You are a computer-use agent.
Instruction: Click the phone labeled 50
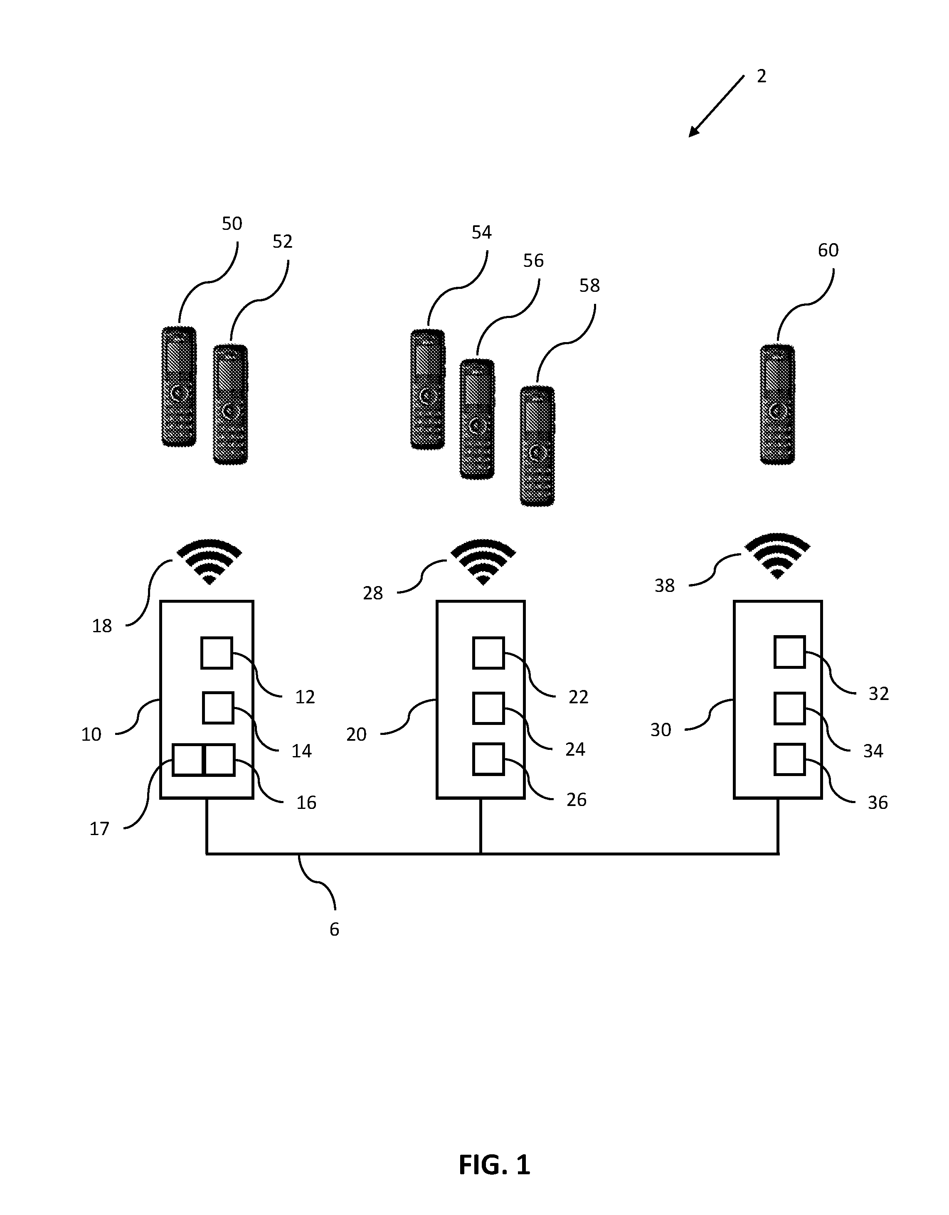[179, 386]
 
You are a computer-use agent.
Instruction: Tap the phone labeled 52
[230, 404]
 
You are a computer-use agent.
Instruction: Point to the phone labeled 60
[777, 404]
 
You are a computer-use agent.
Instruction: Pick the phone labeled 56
[477, 419]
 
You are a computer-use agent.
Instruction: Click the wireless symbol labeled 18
[209, 561]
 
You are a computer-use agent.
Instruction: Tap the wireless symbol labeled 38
[777, 556]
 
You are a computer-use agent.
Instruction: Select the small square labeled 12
[217, 653]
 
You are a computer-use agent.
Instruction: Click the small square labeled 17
[188, 760]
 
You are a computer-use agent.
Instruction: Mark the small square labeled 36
[789, 759]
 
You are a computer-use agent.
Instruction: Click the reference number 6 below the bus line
[334, 929]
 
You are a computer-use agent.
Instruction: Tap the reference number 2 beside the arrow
[762, 76]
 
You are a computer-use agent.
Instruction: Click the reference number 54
[482, 232]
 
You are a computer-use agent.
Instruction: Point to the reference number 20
[357, 734]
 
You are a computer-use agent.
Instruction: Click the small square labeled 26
[488, 759]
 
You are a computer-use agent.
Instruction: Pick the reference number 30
[661, 729]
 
